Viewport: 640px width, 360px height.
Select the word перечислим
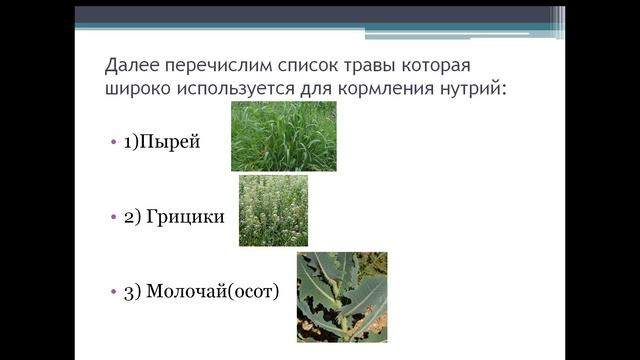point(215,66)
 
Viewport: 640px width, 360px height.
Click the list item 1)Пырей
point(162,142)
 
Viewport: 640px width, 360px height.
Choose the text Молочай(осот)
point(212,291)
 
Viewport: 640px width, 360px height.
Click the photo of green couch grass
point(283,137)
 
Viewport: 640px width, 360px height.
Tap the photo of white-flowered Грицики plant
point(273,210)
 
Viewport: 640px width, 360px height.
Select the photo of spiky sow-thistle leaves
point(341,297)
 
